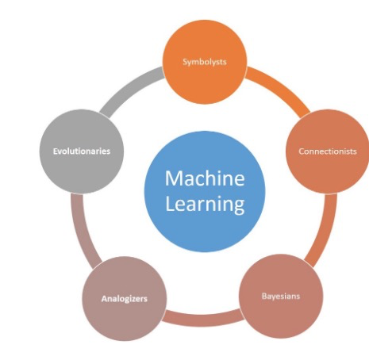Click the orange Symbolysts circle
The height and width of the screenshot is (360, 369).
pyautogui.click(x=205, y=62)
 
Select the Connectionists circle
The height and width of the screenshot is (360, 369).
pyautogui.click(x=327, y=151)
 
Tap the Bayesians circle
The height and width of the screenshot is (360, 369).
pyautogui.click(x=281, y=297)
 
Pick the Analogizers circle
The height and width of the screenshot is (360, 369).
pyautogui.click(x=125, y=299)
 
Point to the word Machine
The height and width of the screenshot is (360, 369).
pyautogui.click(x=204, y=178)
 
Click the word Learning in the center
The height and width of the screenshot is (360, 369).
pyautogui.click(x=204, y=204)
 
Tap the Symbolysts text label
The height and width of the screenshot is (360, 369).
pyautogui.click(x=205, y=62)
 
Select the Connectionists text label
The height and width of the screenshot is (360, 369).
pyautogui.click(x=327, y=151)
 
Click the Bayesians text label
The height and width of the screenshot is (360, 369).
pyautogui.click(x=281, y=297)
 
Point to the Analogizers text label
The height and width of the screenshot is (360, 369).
pyautogui.click(x=125, y=299)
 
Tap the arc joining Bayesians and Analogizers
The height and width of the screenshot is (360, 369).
pyautogui.click(x=203, y=320)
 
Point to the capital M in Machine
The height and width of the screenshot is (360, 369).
pyautogui.click(x=173, y=178)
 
